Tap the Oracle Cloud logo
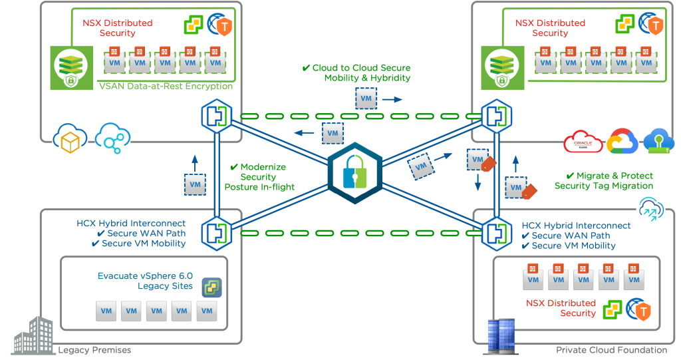point(583,142)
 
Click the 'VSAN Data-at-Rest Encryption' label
point(166,86)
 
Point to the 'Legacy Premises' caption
point(94,350)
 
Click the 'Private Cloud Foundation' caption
point(611,350)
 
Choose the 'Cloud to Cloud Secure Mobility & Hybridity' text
point(362,73)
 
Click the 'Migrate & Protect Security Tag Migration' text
point(604,181)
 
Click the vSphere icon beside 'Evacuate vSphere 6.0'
point(211,287)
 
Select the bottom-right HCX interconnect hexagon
point(494,232)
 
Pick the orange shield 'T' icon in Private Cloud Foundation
point(640,311)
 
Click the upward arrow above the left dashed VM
point(194,160)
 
